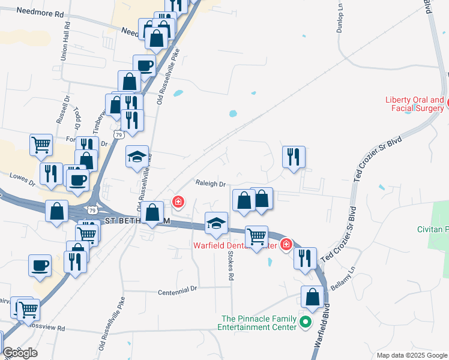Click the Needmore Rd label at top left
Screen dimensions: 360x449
tap(40, 12)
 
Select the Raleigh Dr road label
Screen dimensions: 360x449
tap(209, 184)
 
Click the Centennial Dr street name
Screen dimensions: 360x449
tap(177, 292)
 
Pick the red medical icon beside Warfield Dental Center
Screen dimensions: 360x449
tap(286, 244)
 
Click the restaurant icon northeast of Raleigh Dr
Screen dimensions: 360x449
tap(294, 157)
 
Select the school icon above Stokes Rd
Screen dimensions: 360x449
tap(216, 224)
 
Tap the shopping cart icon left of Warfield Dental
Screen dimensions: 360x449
tap(257, 236)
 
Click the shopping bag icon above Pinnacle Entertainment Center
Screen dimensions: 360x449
tap(313, 296)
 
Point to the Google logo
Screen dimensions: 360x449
tap(20, 352)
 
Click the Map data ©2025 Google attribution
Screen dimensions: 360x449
tap(411, 355)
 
